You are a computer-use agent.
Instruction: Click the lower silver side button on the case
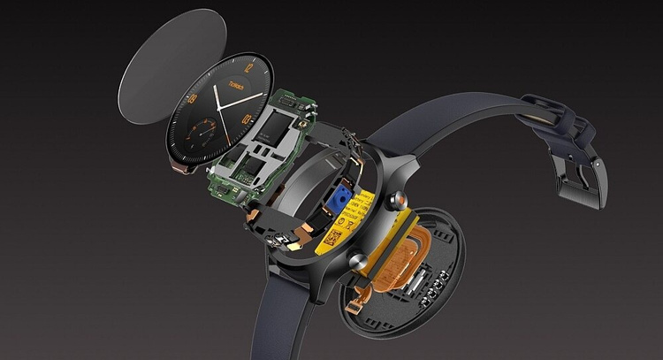(x=361, y=260)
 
